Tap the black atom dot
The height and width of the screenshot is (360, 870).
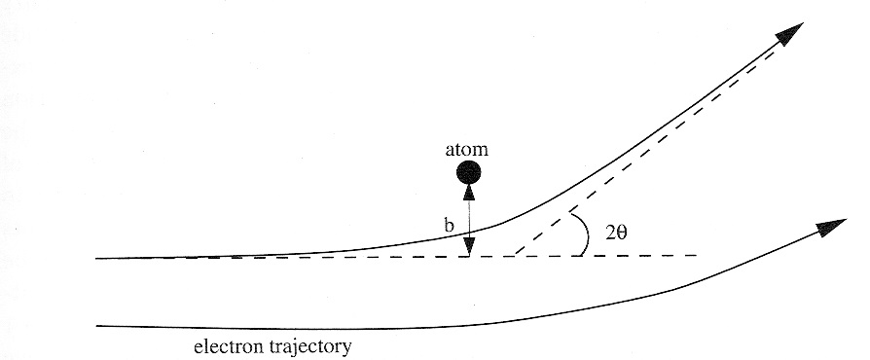click(469, 173)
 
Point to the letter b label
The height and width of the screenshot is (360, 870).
click(449, 227)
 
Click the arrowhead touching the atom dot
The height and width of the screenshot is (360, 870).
click(469, 191)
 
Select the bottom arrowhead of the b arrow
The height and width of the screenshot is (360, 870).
click(469, 248)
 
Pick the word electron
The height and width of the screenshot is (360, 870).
click(227, 345)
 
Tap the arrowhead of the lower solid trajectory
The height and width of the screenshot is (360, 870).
click(830, 226)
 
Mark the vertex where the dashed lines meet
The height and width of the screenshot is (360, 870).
click(513, 256)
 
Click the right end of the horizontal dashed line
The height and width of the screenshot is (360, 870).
click(697, 255)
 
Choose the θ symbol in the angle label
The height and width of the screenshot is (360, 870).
click(626, 234)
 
